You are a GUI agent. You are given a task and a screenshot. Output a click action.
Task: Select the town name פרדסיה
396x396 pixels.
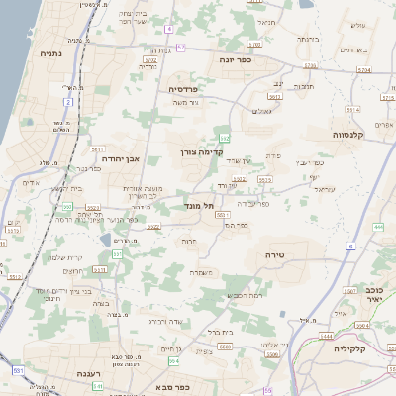click(x=180, y=88)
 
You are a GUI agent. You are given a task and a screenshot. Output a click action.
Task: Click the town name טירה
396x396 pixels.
click(x=276, y=254)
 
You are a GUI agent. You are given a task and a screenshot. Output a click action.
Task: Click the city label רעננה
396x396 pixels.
click(x=90, y=374)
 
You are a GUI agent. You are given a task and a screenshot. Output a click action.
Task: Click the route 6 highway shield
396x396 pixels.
click(x=350, y=245)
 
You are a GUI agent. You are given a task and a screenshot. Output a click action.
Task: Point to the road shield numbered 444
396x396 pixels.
click(x=378, y=228)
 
